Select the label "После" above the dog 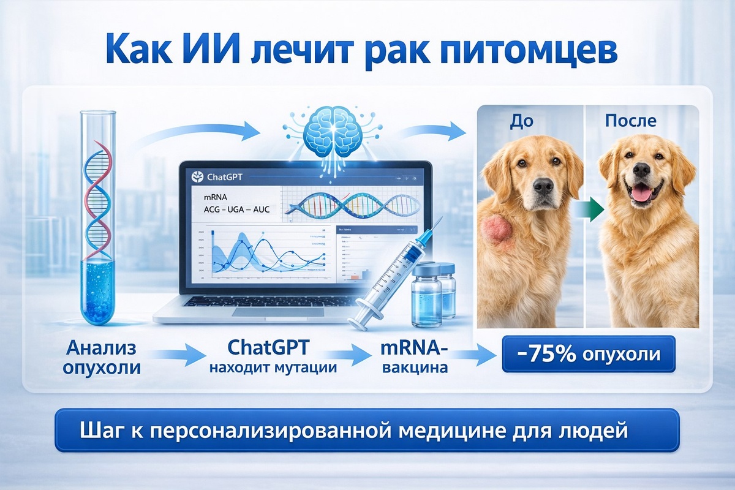tap(630, 121)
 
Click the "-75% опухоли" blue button tap(589, 355)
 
